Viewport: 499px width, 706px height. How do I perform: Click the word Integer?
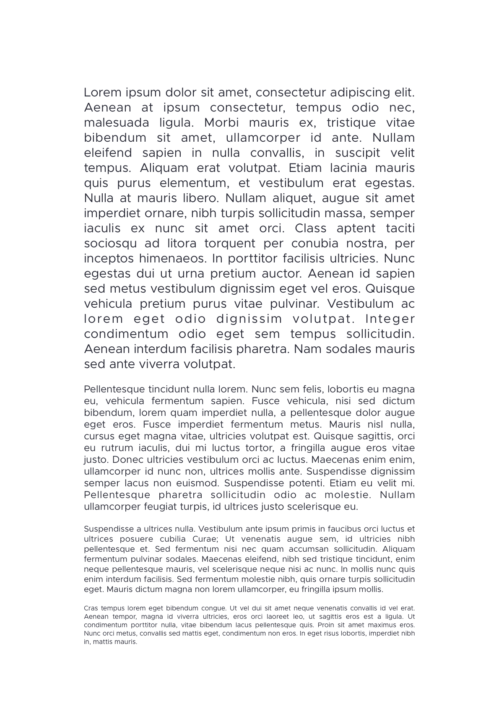(390, 319)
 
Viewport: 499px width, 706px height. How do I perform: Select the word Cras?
(91, 608)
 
